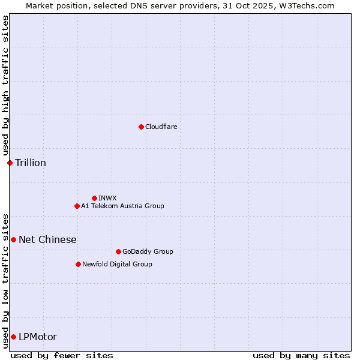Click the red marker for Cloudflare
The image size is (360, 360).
(x=141, y=127)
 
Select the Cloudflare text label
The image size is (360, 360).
(x=161, y=127)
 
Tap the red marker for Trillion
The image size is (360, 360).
(x=10, y=163)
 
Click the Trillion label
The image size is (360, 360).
(x=31, y=163)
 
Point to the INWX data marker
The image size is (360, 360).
(x=94, y=198)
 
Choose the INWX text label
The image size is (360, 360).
(x=107, y=198)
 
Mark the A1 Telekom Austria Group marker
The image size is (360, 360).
(x=77, y=206)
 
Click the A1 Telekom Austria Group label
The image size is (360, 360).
(x=122, y=206)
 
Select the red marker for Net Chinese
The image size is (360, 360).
(x=13, y=239)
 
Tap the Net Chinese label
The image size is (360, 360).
(x=47, y=239)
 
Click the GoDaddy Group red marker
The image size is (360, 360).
(x=118, y=251)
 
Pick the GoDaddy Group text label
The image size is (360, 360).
(x=148, y=251)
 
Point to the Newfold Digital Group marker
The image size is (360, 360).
(x=78, y=264)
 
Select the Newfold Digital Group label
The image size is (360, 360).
(x=117, y=264)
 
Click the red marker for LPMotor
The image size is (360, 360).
(x=13, y=337)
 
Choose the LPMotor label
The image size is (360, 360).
(x=38, y=337)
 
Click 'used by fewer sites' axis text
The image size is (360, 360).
(x=62, y=355)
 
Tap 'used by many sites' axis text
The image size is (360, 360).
(x=301, y=355)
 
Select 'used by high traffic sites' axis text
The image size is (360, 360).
(x=5, y=85)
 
